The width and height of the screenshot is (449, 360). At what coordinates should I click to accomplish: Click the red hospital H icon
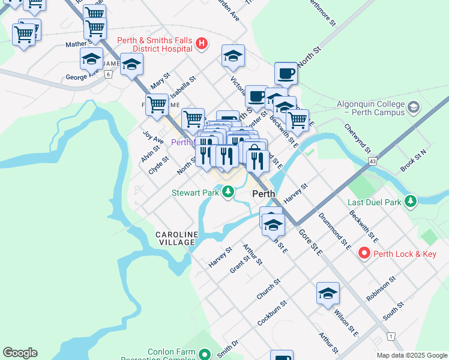(x=202, y=43)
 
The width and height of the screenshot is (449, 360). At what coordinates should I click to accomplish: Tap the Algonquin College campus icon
(x=413, y=107)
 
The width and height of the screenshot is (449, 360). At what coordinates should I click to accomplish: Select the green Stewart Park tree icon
(x=228, y=193)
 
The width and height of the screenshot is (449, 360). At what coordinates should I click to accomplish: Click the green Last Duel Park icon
(x=411, y=201)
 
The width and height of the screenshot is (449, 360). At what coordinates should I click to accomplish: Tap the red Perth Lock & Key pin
(x=364, y=254)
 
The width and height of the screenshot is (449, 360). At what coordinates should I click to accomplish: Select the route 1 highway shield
(x=391, y=337)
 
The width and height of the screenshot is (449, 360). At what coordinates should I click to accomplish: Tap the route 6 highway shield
(x=108, y=74)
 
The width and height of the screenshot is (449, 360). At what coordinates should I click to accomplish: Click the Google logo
(x=20, y=353)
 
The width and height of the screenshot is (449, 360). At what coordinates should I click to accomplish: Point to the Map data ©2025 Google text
(x=411, y=355)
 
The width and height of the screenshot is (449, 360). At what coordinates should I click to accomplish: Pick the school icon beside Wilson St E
(x=328, y=294)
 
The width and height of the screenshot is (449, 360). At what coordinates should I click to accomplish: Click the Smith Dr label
(x=228, y=349)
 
